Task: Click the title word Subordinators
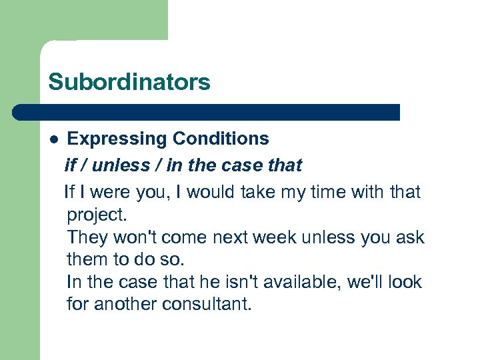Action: [129, 82]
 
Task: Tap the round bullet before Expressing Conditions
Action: [54, 139]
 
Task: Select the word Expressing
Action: [117, 139]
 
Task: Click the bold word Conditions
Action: [220, 139]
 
